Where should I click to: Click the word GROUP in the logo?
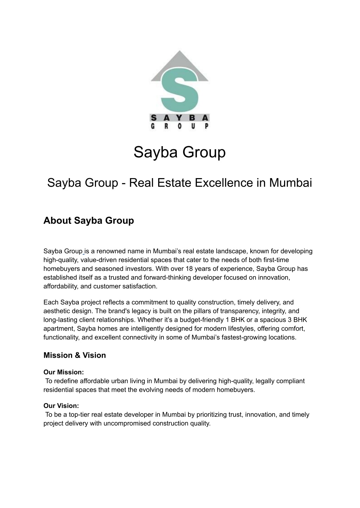(180, 126)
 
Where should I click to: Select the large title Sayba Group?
(180, 152)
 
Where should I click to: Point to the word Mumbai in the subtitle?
(290, 183)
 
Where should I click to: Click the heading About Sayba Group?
(89, 221)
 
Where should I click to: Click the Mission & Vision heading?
(75, 355)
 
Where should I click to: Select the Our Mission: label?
(64, 372)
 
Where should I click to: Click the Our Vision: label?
(61, 406)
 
